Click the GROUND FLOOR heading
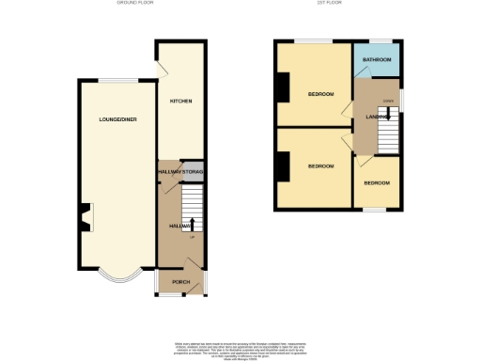(x=134, y=4)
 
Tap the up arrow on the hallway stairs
(x=192, y=225)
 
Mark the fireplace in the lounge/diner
(x=85, y=217)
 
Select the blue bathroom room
(x=377, y=62)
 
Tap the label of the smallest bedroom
(x=377, y=182)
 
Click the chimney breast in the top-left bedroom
(x=283, y=89)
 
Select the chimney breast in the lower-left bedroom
(x=283, y=165)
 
